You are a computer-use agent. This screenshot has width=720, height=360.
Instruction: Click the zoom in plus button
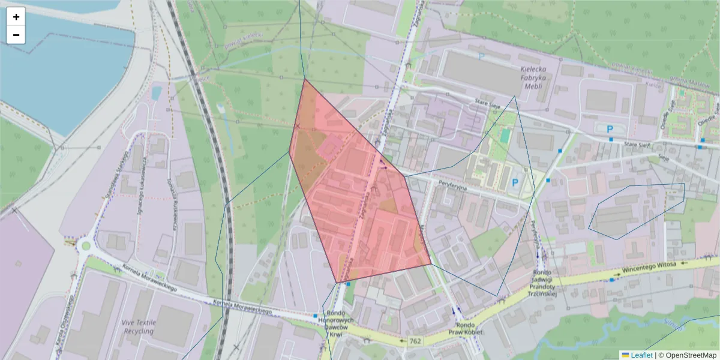click(16, 17)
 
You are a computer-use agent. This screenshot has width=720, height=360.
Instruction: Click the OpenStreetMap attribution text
click(690, 355)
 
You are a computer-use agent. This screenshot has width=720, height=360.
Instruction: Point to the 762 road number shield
click(415, 341)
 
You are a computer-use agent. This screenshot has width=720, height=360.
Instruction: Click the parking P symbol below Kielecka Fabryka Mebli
click(610, 129)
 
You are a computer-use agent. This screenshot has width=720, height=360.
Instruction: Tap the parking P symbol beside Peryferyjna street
click(514, 182)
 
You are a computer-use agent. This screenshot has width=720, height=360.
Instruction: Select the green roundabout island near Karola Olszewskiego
click(85, 245)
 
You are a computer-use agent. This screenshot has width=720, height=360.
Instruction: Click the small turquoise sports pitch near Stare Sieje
click(504, 136)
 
